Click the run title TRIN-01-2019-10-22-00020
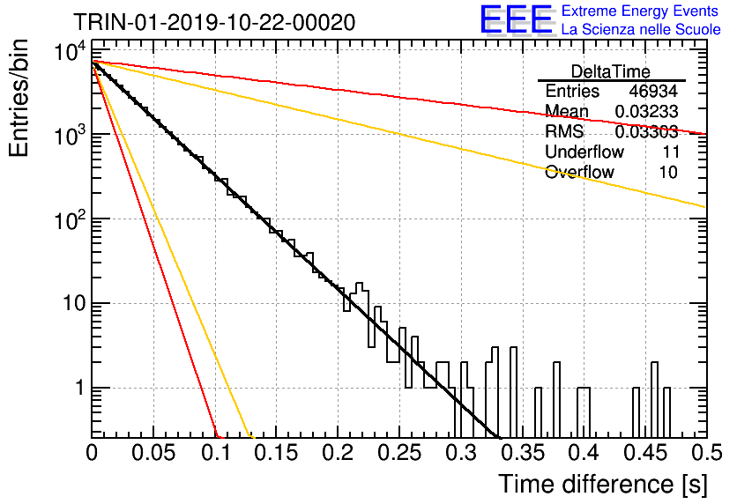214,23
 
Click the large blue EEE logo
517,20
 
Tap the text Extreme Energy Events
640,11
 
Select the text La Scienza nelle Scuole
641,29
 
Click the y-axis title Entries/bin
19,98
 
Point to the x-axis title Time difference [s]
603,484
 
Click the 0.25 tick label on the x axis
400,453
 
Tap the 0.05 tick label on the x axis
153,453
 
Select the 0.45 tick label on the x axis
645,453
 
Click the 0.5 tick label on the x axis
707,453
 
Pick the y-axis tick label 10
75,303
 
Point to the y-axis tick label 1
79,388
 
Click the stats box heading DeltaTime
611,71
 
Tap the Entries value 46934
653,91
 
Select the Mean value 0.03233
646,111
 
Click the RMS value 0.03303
646,131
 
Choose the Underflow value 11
671,152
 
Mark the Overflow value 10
668,172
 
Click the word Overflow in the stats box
579,172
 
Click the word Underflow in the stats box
584,152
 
